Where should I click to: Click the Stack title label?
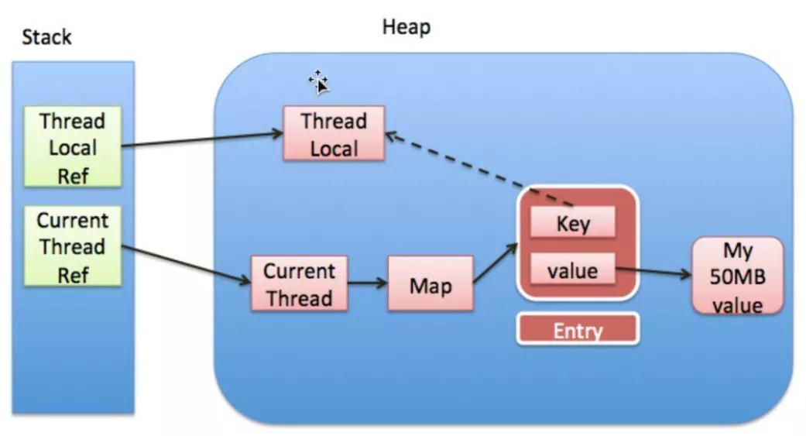(47, 36)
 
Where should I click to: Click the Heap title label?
(406, 27)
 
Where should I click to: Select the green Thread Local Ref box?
(73, 147)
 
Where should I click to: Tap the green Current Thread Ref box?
(73, 247)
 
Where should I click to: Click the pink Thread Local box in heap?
(334, 134)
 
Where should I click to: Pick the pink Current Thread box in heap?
(299, 284)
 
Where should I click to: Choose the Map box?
(430, 285)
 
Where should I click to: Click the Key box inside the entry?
(573, 224)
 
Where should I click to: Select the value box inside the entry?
(573, 271)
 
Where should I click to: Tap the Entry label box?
(578, 331)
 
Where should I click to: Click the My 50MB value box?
(736, 276)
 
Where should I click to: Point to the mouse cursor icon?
(318, 81)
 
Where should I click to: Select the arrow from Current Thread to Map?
(367, 283)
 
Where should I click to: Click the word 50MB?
(736, 276)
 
